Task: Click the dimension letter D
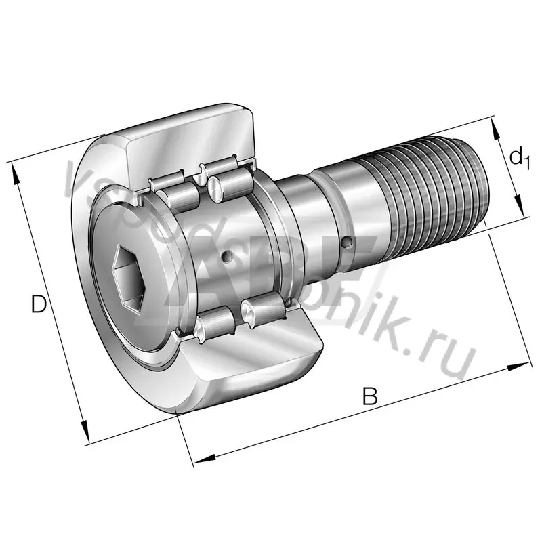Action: click(39, 305)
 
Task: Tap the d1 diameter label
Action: click(518, 159)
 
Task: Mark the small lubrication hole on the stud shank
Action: click(348, 241)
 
